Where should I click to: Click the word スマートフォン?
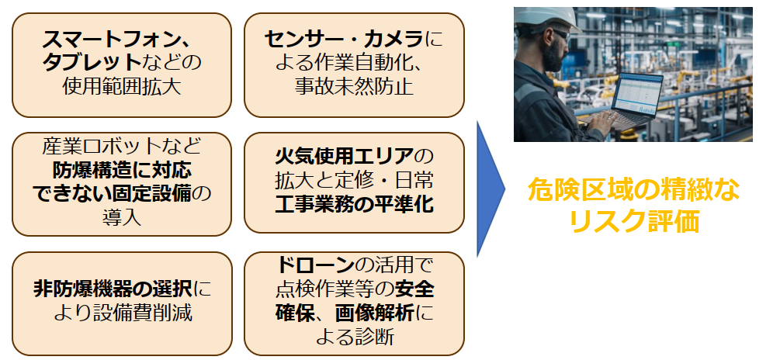110,39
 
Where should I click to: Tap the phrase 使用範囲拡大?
121,87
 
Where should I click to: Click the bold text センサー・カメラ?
344,39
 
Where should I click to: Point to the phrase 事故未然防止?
354,87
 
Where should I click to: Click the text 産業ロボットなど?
122,146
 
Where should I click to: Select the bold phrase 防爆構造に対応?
122,170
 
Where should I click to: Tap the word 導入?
122,218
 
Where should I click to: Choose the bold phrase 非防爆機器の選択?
113,289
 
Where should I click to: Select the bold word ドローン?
314,265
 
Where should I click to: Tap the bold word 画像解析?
373,313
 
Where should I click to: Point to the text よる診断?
354,337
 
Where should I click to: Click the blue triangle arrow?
491,189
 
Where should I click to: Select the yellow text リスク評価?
634,221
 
